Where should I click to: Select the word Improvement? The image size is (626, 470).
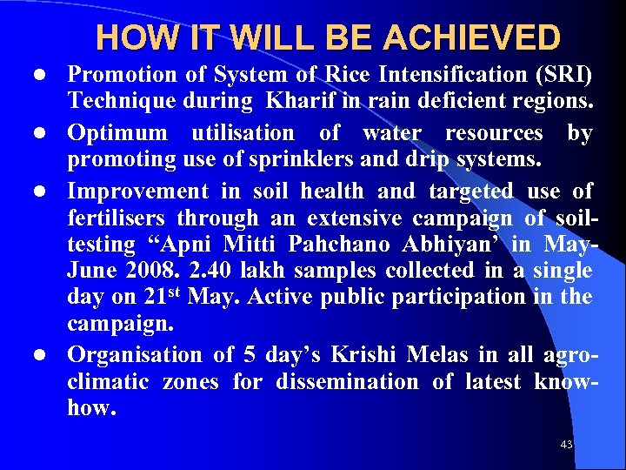138,190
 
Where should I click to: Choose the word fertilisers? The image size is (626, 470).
118,218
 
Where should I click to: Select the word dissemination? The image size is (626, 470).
347,382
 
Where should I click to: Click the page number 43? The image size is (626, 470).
566,445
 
